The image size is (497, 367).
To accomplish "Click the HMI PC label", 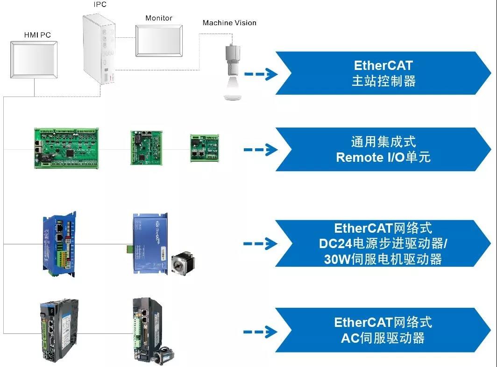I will (37, 35).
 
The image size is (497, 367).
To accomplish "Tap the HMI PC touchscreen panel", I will (34, 60).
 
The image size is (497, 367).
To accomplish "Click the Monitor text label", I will (159, 18).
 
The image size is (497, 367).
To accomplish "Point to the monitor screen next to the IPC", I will (159, 41).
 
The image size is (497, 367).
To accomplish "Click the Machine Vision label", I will (229, 22).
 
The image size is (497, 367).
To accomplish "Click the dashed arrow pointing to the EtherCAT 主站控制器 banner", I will (261, 74).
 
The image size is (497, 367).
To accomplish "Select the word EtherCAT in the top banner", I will (383, 66).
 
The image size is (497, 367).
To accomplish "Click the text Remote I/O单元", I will (383, 157).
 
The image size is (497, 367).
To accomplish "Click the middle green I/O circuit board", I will (145, 147).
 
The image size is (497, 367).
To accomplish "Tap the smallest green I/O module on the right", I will (204, 148).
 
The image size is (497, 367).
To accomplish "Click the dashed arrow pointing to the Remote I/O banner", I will (261, 149).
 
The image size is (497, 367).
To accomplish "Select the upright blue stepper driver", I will (59, 245).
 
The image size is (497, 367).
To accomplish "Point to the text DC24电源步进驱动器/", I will (383, 243).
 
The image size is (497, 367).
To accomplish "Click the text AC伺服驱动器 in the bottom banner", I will (383, 338).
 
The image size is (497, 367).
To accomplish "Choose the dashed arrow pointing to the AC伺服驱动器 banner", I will (261, 332).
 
